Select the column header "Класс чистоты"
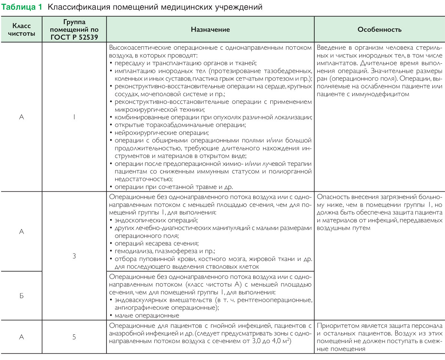click(22, 30)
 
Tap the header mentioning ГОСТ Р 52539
click(74, 30)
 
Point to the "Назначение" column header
click(210, 30)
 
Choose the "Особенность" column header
click(379, 30)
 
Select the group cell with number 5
click(74, 337)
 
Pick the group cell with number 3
click(74, 255)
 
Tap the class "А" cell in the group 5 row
click(22, 337)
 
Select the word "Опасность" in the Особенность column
click(332, 196)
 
